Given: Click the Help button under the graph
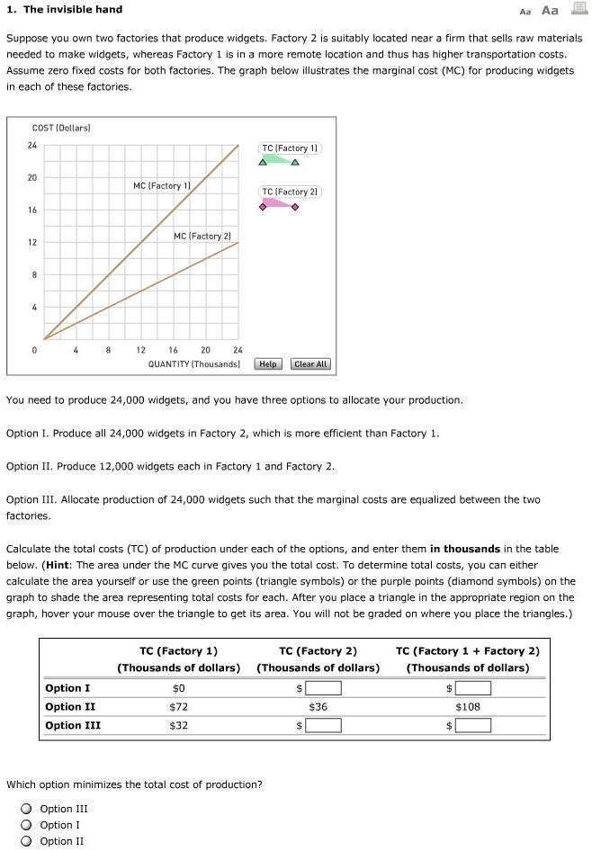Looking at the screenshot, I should click(x=268, y=364).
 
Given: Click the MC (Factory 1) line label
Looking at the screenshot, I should click(x=161, y=185).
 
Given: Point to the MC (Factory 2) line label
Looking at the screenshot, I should click(x=202, y=236).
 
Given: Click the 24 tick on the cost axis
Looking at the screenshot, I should click(x=32, y=145).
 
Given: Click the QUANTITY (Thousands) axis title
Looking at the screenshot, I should click(x=194, y=364).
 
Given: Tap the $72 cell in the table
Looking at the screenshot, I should click(x=179, y=707).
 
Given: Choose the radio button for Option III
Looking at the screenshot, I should click(x=29, y=809).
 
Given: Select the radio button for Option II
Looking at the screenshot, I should click(x=29, y=841).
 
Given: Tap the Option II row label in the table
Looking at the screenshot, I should click(x=69, y=707).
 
